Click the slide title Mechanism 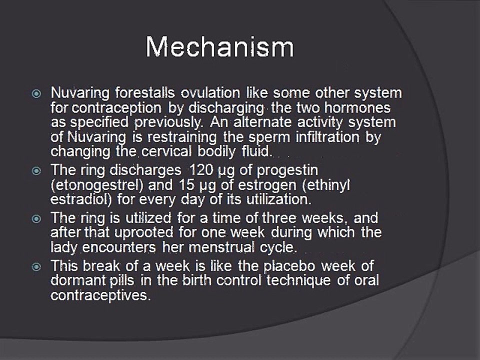(220, 46)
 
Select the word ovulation (210, 93)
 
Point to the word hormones (357, 107)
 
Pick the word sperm (269, 137)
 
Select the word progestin (287, 170)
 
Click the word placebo (289, 266)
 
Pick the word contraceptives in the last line (100, 295)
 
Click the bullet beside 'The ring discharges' (36, 170)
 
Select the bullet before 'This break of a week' (36, 266)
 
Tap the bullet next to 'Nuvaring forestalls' (36, 93)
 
